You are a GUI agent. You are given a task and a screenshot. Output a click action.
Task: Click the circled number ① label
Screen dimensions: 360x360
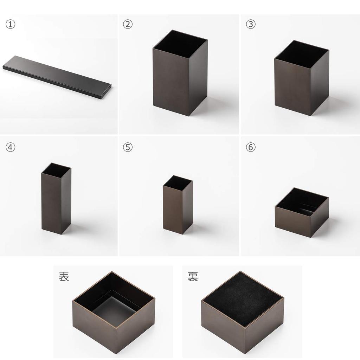pyautogui.click(x=11, y=25)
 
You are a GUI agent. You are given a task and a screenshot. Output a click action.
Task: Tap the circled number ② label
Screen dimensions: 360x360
pyautogui.click(x=128, y=25)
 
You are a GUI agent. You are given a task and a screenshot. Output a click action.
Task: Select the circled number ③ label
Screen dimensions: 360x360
pyautogui.click(x=250, y=25)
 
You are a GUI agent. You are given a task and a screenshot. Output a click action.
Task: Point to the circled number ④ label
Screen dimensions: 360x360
pyautogui.click(x=11, y=147)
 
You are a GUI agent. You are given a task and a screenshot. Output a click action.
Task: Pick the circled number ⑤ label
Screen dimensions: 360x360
pyautogui.click(x=128, y=147)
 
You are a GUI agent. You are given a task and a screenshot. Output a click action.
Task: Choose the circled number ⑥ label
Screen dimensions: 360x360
pyautogui.click(x=250, y=147)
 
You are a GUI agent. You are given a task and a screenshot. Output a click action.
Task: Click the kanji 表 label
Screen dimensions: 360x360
pyautogui.click(x=64, y=276)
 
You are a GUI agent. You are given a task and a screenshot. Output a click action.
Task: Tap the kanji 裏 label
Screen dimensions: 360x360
pyautogui.click(x=193, y=276)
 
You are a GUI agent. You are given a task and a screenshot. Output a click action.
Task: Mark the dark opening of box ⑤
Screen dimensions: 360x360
pyautogui.click(x=178, y=182)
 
